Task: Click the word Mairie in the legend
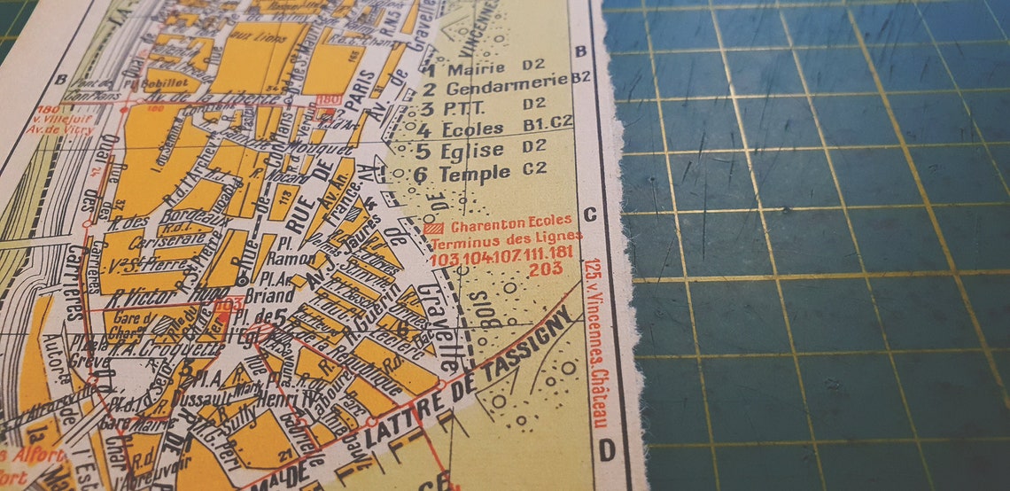[x=477, y=67]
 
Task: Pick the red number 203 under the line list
[x=546, y=269]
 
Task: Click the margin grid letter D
[x=607, y=451]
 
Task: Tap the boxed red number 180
[x=328, y=99]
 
